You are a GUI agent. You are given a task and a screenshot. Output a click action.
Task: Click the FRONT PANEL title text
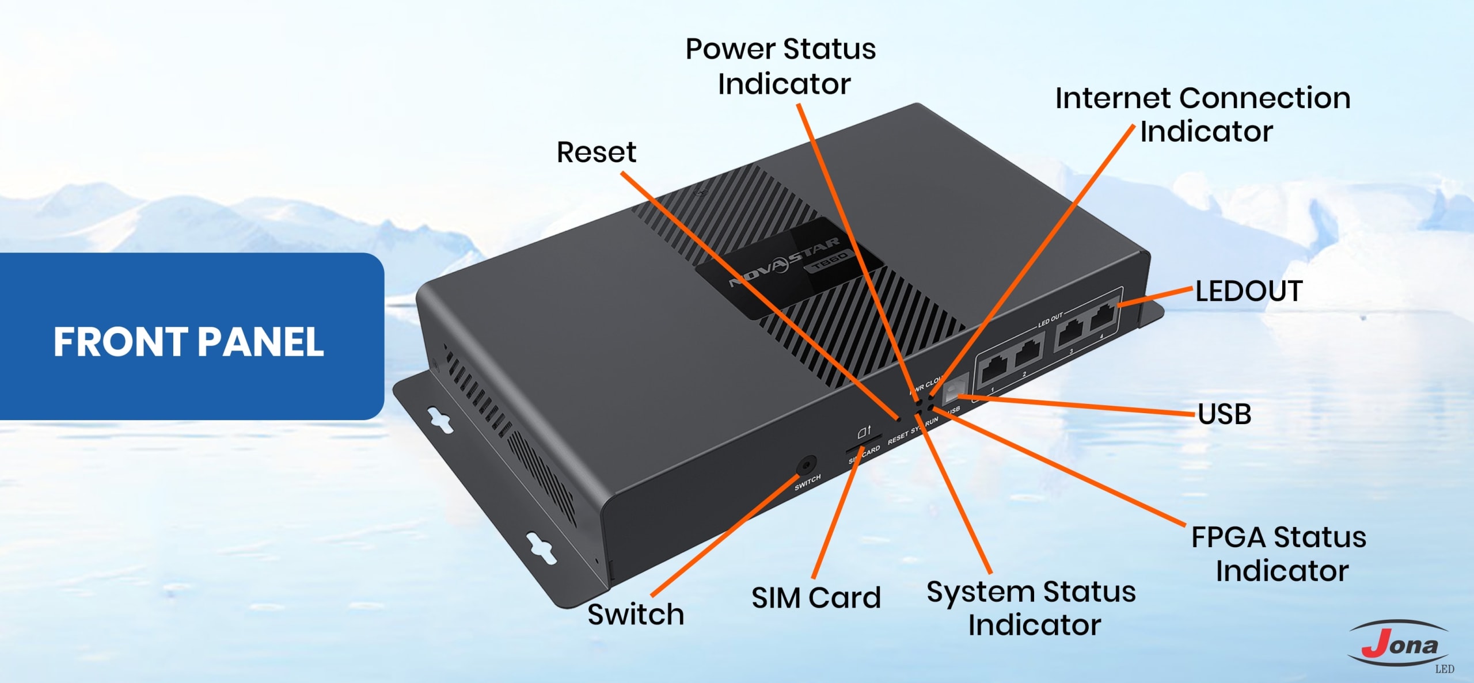click(x=189, y=342)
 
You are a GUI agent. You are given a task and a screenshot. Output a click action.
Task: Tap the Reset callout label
click(x=596, y=152)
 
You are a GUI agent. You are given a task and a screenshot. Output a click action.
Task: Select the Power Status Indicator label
click(x=781, y=66)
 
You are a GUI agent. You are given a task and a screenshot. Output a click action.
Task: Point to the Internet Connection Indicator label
click(x=1203, y=115)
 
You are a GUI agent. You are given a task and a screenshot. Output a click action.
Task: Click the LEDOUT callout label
click(x=1249, y=291)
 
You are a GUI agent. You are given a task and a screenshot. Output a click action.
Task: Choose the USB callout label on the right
click(x=1225, y=414)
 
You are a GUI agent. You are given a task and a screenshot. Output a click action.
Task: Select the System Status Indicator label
click(x=1031, y=608)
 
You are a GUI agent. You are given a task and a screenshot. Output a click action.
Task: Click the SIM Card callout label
click(x=816, y=598)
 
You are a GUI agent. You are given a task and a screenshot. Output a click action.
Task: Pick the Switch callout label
click(x=636, y=615)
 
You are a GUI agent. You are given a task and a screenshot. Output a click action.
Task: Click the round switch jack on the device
click(x=806, y=464)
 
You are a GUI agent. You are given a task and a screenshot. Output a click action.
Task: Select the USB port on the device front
click(x=955, y=387)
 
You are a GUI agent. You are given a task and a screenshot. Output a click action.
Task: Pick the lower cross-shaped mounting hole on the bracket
click(x=542, y=547)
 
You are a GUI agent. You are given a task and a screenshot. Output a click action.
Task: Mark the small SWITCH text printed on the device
click(x=807, y=483)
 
